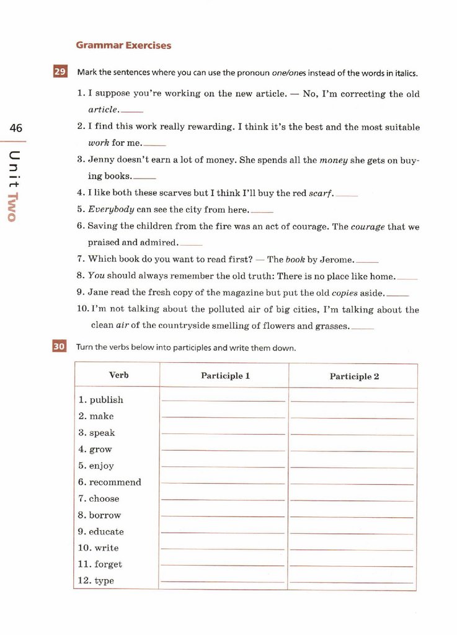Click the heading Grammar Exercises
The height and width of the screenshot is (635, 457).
coord(123,45)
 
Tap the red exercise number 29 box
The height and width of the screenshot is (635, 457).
coord(60,72)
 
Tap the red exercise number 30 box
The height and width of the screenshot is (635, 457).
coord(59,347)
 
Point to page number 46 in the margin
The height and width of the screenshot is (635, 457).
coord(16,128)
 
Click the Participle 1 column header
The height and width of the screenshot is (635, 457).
coord(225,376)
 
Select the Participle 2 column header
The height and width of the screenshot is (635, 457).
coord(354,376)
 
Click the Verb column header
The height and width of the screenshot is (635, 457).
coord(119,375)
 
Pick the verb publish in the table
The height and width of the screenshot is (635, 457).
coord(106,400)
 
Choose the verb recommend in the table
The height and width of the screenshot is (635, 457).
coord(115,482)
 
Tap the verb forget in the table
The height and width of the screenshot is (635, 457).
coord(108,564)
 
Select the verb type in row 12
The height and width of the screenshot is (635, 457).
coord(104,581)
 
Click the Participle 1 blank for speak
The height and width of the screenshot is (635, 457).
coord(223,433)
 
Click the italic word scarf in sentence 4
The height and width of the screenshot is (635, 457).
coord(321,193)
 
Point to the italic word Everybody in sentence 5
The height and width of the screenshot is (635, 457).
coord(111,210)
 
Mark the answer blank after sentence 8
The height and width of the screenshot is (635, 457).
coord(407,278)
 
